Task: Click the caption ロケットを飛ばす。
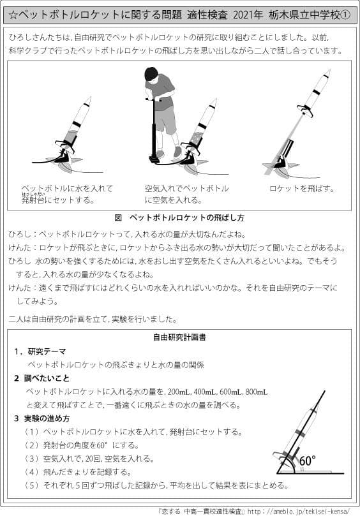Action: pos(302,189)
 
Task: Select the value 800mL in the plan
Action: pos(257,391)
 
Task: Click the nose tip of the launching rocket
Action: pos(328,71)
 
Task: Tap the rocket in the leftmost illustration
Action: pos(75,128)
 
